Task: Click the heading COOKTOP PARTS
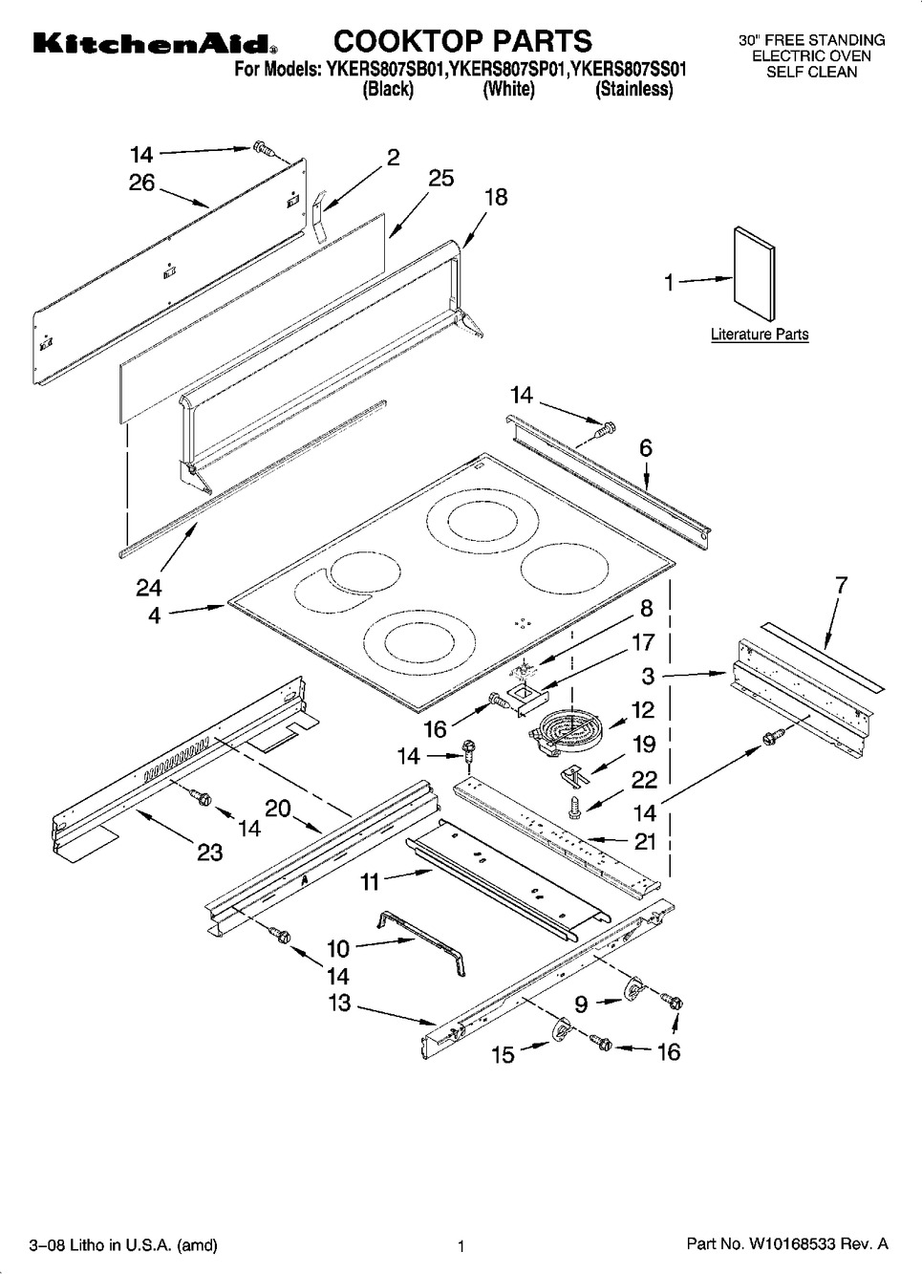[x=462, y=40]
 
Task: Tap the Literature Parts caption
[x=760, y=334]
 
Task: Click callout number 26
[x=141, y=183]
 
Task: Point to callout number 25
[x=441, y=178]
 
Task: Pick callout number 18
[x=496, y=197]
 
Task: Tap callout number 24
[x=149, y=588]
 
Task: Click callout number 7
[x=842, y=584]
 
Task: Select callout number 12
[x=643, y=710]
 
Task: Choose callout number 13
[x=339, y=1004]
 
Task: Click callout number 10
[x=338, y=948]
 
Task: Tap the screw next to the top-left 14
[x=262, y=149]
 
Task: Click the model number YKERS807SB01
[x=386, y=70]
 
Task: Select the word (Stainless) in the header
[x=634, y=89]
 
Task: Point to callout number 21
[x=645, y=842]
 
